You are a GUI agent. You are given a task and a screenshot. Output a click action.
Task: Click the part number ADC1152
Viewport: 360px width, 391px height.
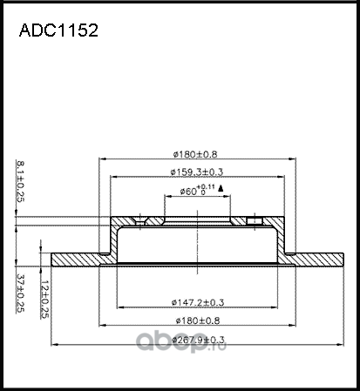point(58,30)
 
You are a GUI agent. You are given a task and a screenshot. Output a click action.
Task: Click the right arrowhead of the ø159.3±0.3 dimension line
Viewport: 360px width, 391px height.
point(279,177)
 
